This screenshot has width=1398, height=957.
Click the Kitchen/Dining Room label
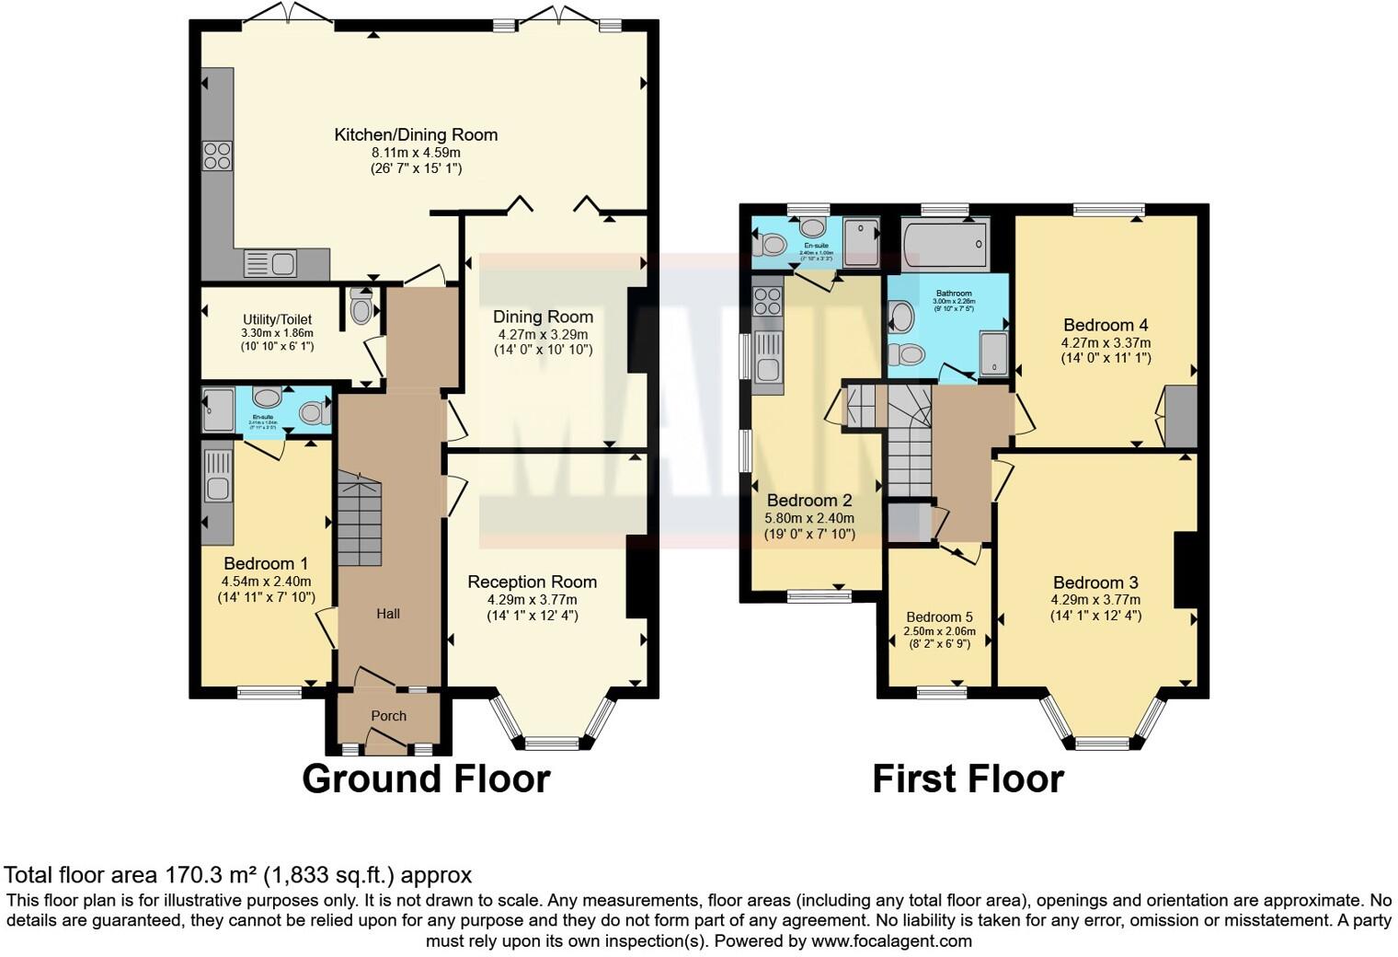pyautogui.click(x=416, y=134)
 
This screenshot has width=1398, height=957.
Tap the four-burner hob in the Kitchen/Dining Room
pyautogui.click(x=218, y=156)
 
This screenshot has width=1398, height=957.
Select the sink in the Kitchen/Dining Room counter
pyautogui.click(x=269, y=264)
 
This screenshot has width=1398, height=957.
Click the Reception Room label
pyautogui.click(x=532, y=582)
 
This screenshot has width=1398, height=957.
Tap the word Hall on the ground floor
pyautogui.click(x=388, y=614)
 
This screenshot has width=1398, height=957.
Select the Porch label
pyautogui.click(x=388, y=716)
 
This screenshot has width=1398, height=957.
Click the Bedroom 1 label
pyautogui.click(x=266, y=563)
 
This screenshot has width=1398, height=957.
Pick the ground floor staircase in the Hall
pyautogui.click(x=359, y=520)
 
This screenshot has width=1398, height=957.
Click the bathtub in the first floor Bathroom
pyautogui.click(x=945, y=245)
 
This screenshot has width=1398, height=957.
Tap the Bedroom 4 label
pyautogui.click(x=1106, y=325)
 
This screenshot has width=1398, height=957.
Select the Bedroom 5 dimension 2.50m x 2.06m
pyautogui.click(x=939, y=631)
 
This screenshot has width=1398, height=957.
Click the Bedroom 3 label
pyautogui.click(x=1095, y=582)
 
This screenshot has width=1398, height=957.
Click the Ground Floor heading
pyautogui.click(x=426, y=778)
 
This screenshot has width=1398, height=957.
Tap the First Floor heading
pyautogui.click(x=968, y=778)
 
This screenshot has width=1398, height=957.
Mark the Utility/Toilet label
pyautogui.click(x=277, y=319)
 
